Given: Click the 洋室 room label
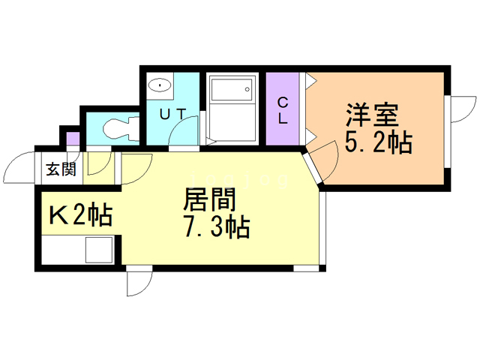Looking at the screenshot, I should click(x=372, y=116).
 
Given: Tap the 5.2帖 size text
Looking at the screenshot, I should click(x=378, y=142).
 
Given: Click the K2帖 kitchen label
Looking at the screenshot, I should click(x=80, y=215).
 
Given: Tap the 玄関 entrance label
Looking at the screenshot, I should click(x=61, y=169).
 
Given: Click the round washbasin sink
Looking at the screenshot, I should click(x=159, y=86).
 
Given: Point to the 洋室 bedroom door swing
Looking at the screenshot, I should click(x=319, y=159).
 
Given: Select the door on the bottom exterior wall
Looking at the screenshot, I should click(x=139, y=283).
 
